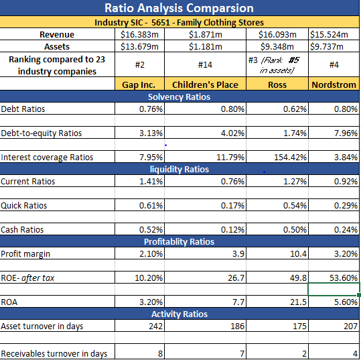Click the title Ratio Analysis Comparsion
[179, 8]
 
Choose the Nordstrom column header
[334, 84]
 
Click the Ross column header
[276, 84]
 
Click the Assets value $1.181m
[206, 46]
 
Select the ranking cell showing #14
[206, 65]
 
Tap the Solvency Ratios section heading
[179, 97]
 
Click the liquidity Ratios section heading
[179, 169]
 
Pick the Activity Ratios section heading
[179, 314]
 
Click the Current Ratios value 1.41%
[150, 181]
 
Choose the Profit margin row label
[25, 253]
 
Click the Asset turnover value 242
[155, 326]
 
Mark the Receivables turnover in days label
[53, 353]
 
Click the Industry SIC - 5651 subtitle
[179, 22]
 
